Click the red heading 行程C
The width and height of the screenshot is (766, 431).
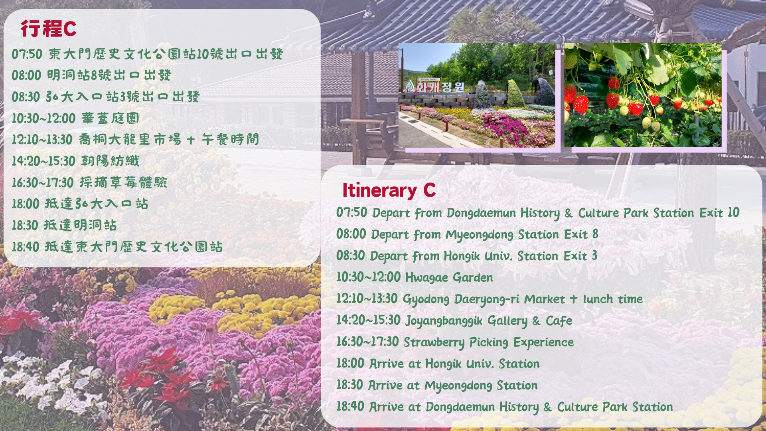point(48,28)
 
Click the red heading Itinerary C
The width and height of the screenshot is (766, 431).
point(389,190)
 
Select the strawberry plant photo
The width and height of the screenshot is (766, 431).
point(643,95)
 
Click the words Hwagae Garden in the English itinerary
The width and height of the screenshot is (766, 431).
point(449,277)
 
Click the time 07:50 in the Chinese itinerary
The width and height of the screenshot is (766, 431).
point(27,54)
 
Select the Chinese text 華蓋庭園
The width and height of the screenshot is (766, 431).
point(110,118)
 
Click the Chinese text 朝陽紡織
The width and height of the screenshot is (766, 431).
point(110,161)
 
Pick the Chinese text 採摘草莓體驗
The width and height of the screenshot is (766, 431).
point(123,182)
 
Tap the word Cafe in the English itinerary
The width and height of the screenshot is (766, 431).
point(559,320)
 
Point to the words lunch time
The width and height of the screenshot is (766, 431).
point(613,299)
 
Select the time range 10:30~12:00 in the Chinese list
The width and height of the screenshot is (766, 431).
point(43,118)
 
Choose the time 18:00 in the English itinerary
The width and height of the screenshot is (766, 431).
point(350,363)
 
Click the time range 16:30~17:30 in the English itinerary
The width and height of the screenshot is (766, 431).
point(367,342)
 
